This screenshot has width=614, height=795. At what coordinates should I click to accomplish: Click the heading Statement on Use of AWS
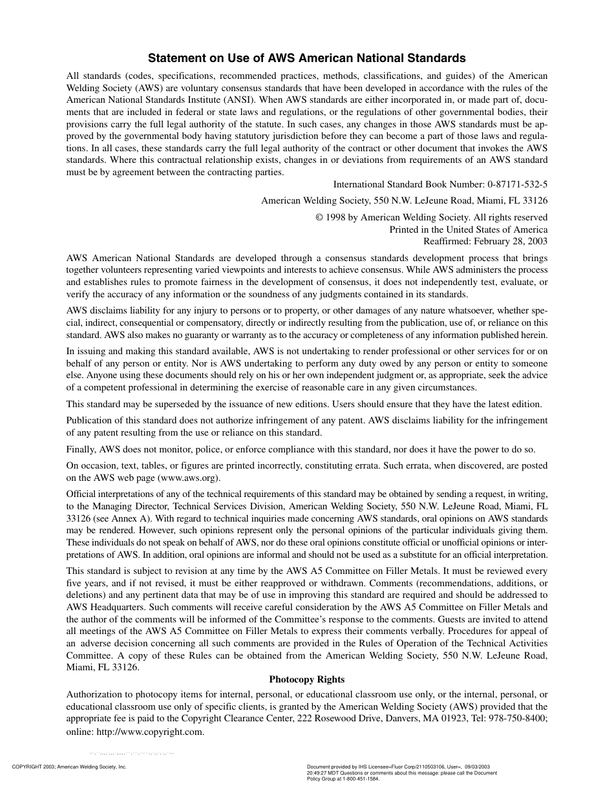(307, 58)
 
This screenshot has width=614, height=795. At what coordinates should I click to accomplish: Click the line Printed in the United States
(468, 229)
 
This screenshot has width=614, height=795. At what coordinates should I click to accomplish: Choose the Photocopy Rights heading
(307, 679)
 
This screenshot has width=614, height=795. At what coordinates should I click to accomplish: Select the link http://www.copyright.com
(150, 732)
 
